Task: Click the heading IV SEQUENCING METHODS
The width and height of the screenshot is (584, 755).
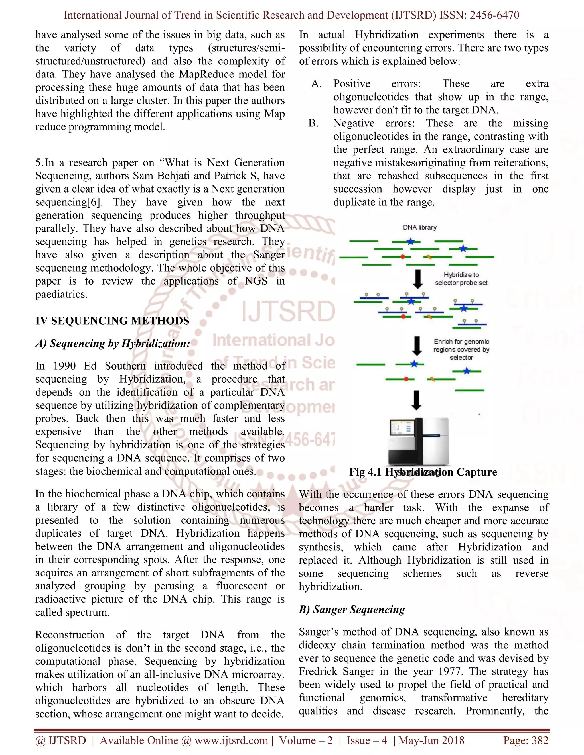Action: tap(112, 321)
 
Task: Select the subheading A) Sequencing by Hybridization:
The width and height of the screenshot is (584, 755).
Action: tap(113, 343)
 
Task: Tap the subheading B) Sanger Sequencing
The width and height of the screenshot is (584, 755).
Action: tap(352, 609)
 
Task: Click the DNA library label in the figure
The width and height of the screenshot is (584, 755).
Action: tap(420, 227)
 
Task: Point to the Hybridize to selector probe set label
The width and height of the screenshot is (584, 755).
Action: tap(461, 279)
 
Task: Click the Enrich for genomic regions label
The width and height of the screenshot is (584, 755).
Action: tap(461, 349)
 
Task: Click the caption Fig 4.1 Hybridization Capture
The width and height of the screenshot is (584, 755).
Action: tap(423, 472)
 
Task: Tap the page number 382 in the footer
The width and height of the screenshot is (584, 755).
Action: tap(540, 740)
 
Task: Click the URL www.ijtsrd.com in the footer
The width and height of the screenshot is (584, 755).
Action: tap(231, 740)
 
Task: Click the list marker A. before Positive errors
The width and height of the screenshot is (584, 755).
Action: tap(316, 84)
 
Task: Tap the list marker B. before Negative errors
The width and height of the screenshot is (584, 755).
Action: tap(313, 123)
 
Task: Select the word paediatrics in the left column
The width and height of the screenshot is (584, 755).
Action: tap(61, 294)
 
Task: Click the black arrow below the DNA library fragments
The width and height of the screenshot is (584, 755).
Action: tap(418, 279)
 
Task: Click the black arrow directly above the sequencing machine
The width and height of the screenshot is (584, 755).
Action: tap(417, 400)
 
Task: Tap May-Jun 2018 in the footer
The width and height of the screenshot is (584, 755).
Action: tap(431, 740)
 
